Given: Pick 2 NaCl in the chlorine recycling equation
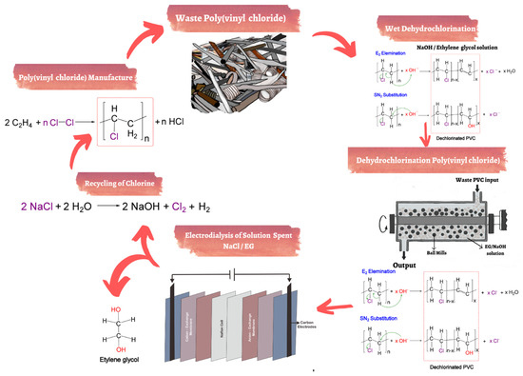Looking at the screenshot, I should coord(41,206).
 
